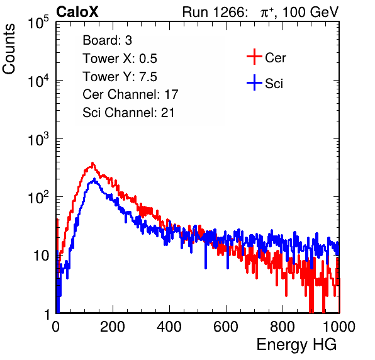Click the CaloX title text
[x=77, y=12]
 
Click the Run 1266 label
[x=215, y=12]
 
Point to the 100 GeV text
[x=310, y=12]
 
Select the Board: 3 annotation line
[x=107, y=40]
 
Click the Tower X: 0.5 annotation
[x=120, y=59]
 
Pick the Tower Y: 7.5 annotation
[x=120, y=77]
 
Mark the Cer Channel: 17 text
[x=130, y=94]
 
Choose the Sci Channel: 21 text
[x=128, y=113]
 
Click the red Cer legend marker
[x=254, y=57]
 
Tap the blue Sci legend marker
[x=254, y=83]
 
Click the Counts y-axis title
[x=9, y=49]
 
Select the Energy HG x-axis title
[x=296, y=345]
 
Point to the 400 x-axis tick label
[x=169, y=327]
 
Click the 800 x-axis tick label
[x=283, y=327]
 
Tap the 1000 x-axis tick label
[x=339, y=327]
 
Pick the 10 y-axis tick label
[x=41, y=256]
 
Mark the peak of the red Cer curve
[x=92, y=163]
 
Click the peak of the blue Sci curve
[x=94, y=179]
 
